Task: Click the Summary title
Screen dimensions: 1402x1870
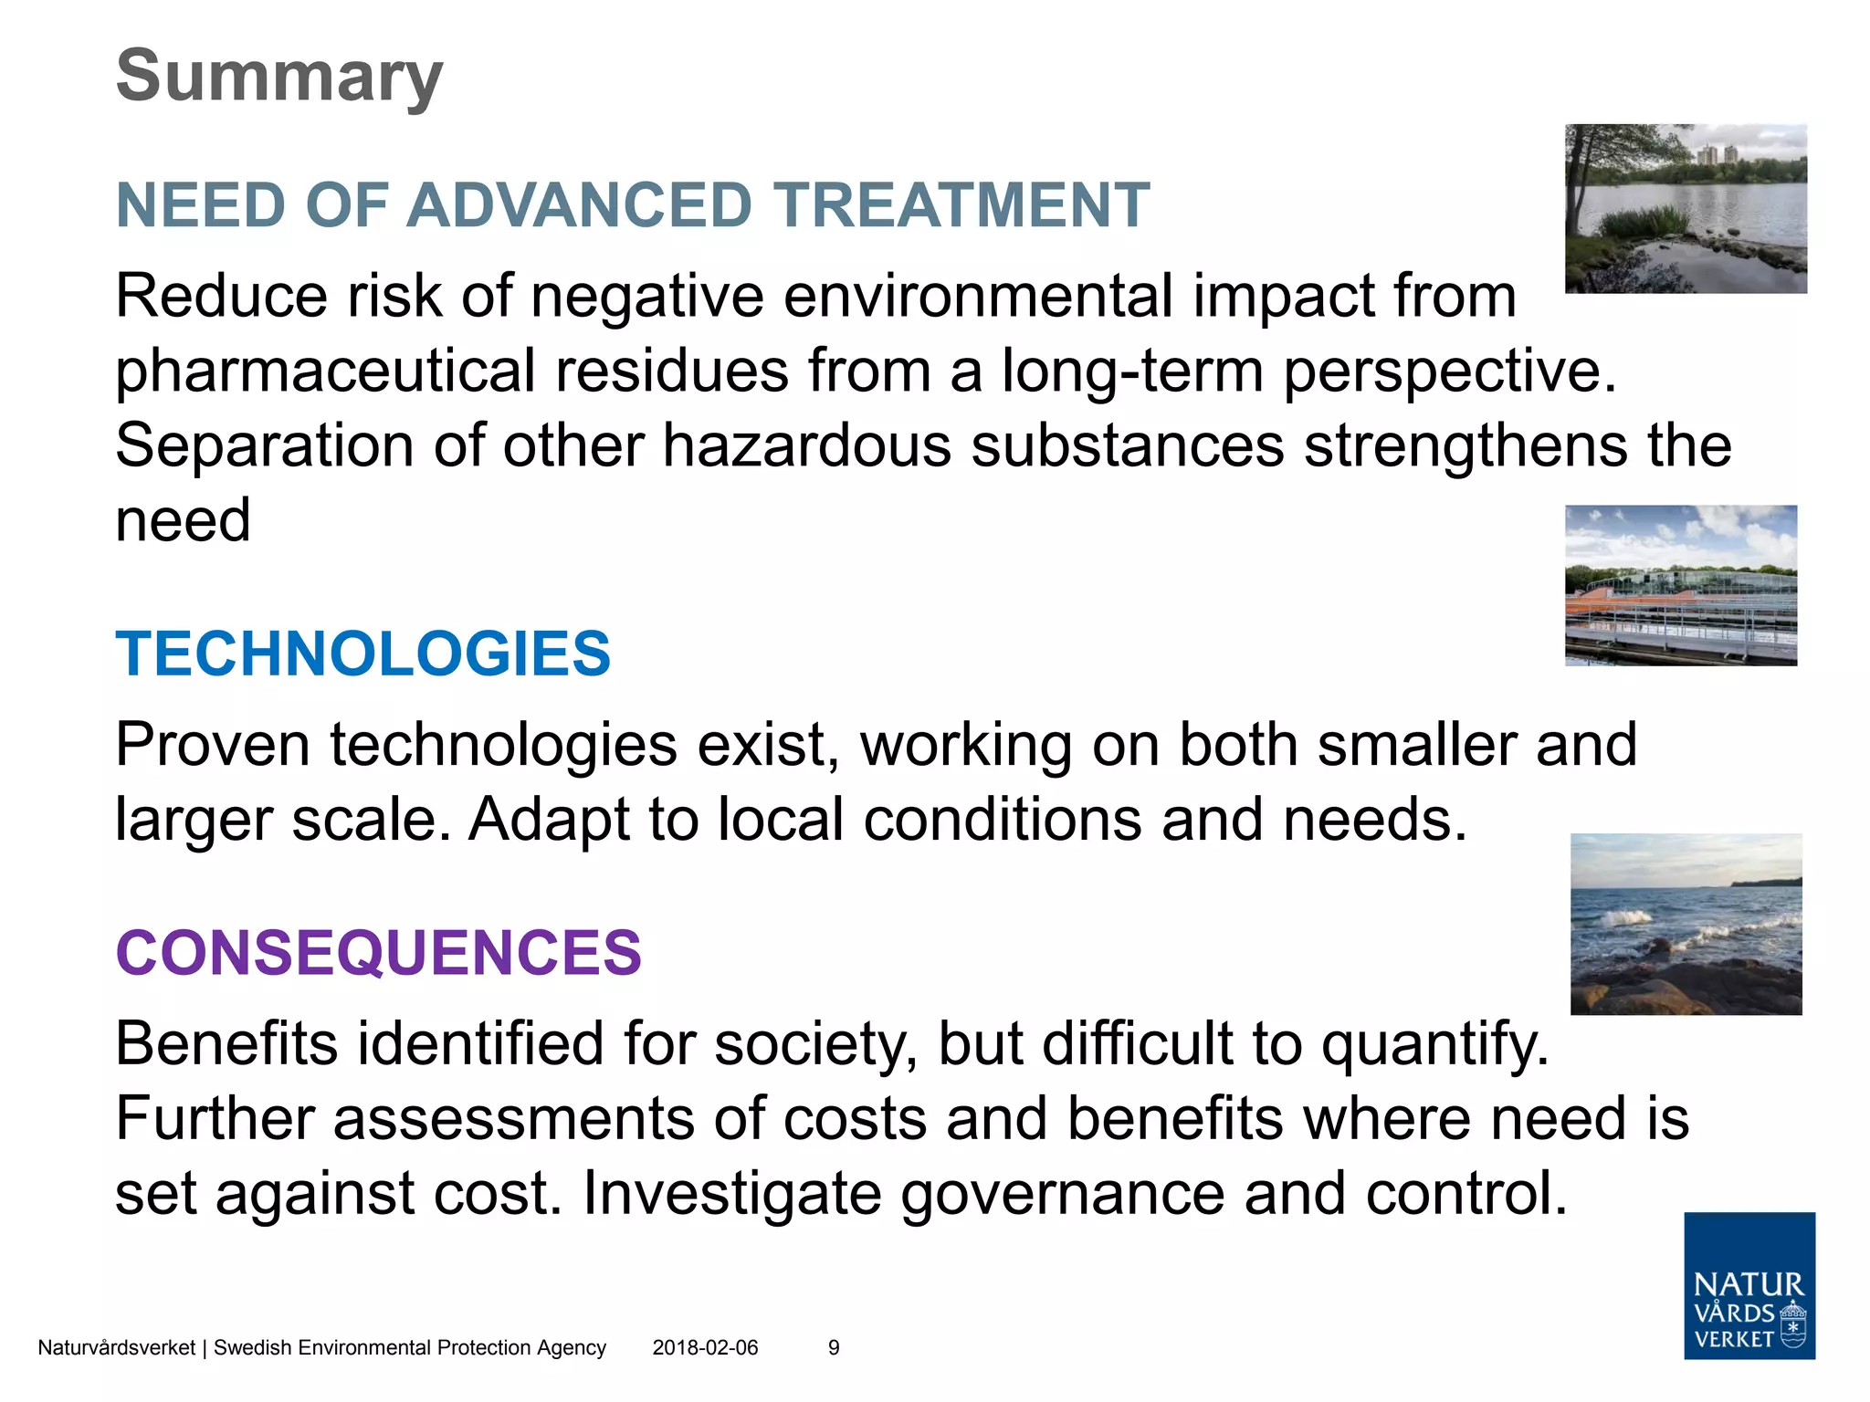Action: point(279,77)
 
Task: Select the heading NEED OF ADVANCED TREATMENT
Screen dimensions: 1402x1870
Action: point(632,204)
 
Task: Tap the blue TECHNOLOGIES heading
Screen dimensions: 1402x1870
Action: point(362,654)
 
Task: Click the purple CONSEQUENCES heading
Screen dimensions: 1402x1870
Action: point(378,953)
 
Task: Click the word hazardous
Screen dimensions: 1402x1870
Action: point(806,446)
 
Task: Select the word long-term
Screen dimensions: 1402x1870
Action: point(1131,371)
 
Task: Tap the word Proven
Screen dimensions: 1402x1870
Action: point(213,745)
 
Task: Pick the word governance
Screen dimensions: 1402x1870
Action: point(1062,1194)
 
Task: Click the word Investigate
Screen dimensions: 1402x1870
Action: point(730,1194)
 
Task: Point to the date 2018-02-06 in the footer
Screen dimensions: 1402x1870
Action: point(705,1348)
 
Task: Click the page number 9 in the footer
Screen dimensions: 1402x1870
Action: point(833,1348)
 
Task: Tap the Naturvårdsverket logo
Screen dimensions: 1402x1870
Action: point(1749,1285)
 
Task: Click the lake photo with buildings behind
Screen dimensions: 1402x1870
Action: point(1685,208)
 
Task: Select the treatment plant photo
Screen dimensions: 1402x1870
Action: point(1680,585)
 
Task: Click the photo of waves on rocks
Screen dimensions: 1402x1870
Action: point(1686,924)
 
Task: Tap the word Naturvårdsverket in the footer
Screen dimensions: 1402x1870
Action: point(116,1348)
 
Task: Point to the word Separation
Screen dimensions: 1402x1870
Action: point(264,446)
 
